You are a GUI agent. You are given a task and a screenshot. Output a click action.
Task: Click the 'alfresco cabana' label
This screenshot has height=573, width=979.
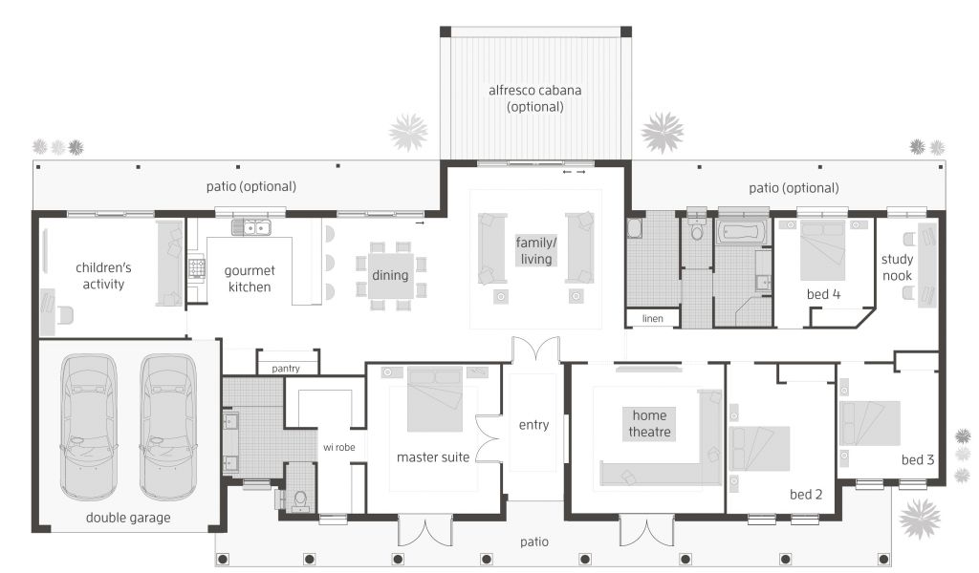coord(535,91)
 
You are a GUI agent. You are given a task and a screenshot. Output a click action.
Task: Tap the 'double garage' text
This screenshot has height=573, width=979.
coord(128,518)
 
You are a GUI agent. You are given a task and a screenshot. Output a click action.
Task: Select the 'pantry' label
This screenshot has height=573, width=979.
coord(286,369)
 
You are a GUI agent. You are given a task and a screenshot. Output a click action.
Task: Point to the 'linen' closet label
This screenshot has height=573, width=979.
coord(652,319)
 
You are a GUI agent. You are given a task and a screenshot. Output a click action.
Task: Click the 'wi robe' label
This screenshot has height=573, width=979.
coord(339,447)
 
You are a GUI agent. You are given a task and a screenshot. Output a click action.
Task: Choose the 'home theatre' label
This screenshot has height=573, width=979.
coord(649,424)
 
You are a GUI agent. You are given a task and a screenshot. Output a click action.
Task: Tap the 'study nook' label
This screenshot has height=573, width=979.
coord(897,267)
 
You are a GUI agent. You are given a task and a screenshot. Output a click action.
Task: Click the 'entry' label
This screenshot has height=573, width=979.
coord(533,425)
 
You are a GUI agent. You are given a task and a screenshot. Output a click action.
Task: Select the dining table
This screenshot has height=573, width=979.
coord(390,275)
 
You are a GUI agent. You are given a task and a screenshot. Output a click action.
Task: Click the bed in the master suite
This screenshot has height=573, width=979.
coord(435,399)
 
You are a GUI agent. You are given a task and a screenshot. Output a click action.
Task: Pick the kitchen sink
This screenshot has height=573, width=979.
coord(251,227)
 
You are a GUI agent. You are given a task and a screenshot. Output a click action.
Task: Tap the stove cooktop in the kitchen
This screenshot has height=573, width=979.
coord(197,268)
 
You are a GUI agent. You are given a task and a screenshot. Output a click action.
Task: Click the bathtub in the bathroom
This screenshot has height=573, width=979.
coord(743,232)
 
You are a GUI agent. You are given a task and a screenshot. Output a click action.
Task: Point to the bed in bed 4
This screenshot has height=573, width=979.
coord(823,250)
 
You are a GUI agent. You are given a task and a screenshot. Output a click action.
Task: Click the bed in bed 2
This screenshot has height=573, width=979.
coord(759,449)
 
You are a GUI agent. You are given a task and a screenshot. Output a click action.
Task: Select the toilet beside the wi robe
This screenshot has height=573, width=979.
coord(300,499)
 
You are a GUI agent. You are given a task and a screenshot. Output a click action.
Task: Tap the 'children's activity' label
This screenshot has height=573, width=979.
coord(103,276)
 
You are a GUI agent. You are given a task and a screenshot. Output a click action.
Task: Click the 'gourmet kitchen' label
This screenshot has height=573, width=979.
coord(250,279)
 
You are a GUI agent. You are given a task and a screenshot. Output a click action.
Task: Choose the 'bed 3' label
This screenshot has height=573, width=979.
coord(917,460)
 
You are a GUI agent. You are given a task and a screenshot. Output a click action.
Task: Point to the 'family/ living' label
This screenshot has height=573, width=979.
coord(536,250)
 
